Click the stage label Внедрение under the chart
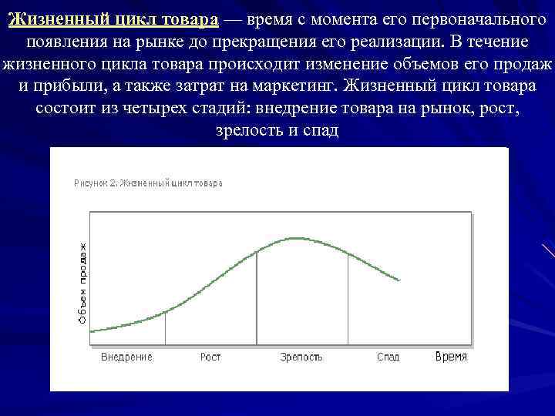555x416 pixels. tap(127, 357)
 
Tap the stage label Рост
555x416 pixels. tap(210, 357)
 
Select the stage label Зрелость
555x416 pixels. tap(301, 357)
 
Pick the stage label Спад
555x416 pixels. tap(388, 357)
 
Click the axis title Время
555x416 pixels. tap(451, 357)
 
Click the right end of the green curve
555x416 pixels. tap(400, 280)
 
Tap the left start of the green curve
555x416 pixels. tap(92, 331)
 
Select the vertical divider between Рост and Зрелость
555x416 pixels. tap(257, 297)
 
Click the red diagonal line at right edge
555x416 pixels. tap(548, 250)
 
